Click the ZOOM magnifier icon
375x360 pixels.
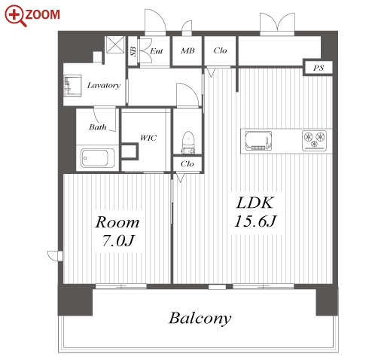tap(15, 16)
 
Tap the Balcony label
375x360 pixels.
tap(200, 319)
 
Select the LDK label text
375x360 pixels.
tap(255, 203)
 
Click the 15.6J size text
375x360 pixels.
tap(255, 221)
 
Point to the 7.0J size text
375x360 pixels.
tap(118, 241)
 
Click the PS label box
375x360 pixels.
tap(318, 68)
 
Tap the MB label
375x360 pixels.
tap(187, 51)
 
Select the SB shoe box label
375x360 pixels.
tap(133, 51)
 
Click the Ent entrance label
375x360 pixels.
tap(157, 51)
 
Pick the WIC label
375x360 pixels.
tap(148, 138)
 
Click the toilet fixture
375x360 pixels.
tap(188, 142)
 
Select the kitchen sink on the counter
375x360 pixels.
tap(258, 141)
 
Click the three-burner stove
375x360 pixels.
tap(314, 141)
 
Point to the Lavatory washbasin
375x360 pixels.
tap(72, 85)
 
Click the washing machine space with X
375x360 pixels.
tap(115, 44)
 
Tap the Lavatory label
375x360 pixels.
tap(104, 86)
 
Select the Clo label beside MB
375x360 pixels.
tap(220, 50)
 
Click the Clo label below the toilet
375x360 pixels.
tap(187, 164)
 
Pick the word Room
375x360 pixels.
tap(117, 222)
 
